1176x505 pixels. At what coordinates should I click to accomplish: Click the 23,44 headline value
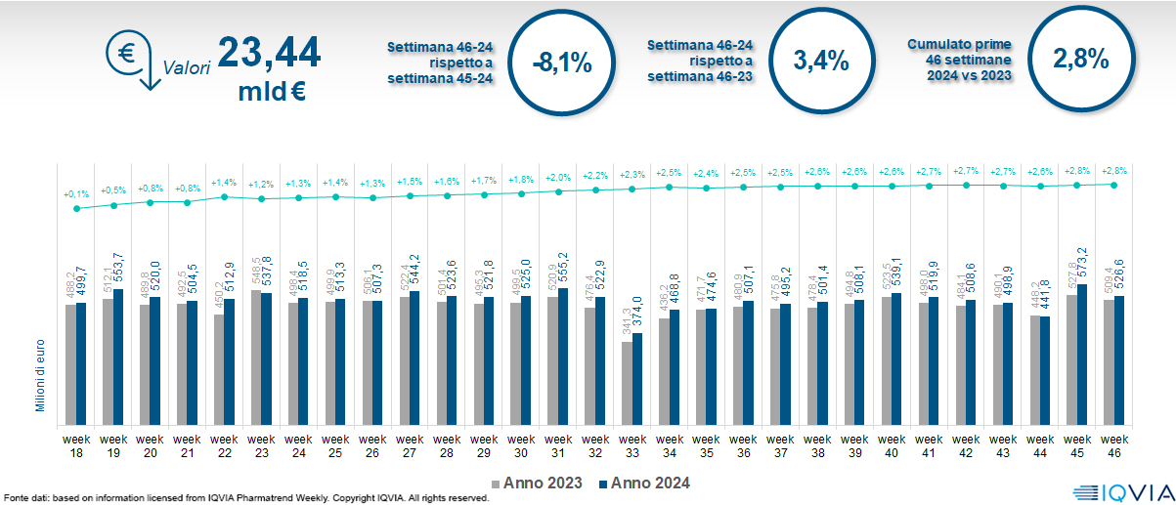click(269, 53)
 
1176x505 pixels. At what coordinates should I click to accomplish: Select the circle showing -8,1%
click(562, 62)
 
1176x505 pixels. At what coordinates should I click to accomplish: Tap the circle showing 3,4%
click(821, 61)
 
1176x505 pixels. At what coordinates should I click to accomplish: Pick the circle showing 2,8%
click(1080, 59)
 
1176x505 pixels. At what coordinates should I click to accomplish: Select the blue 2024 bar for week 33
click(637, 376)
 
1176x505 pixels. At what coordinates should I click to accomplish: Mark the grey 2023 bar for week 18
click(70, 361)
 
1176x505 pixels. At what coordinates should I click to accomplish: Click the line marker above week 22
click(225, 196)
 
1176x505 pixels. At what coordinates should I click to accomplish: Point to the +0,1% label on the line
click(75, 193)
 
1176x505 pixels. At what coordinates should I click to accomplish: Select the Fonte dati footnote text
click(244, 498)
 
